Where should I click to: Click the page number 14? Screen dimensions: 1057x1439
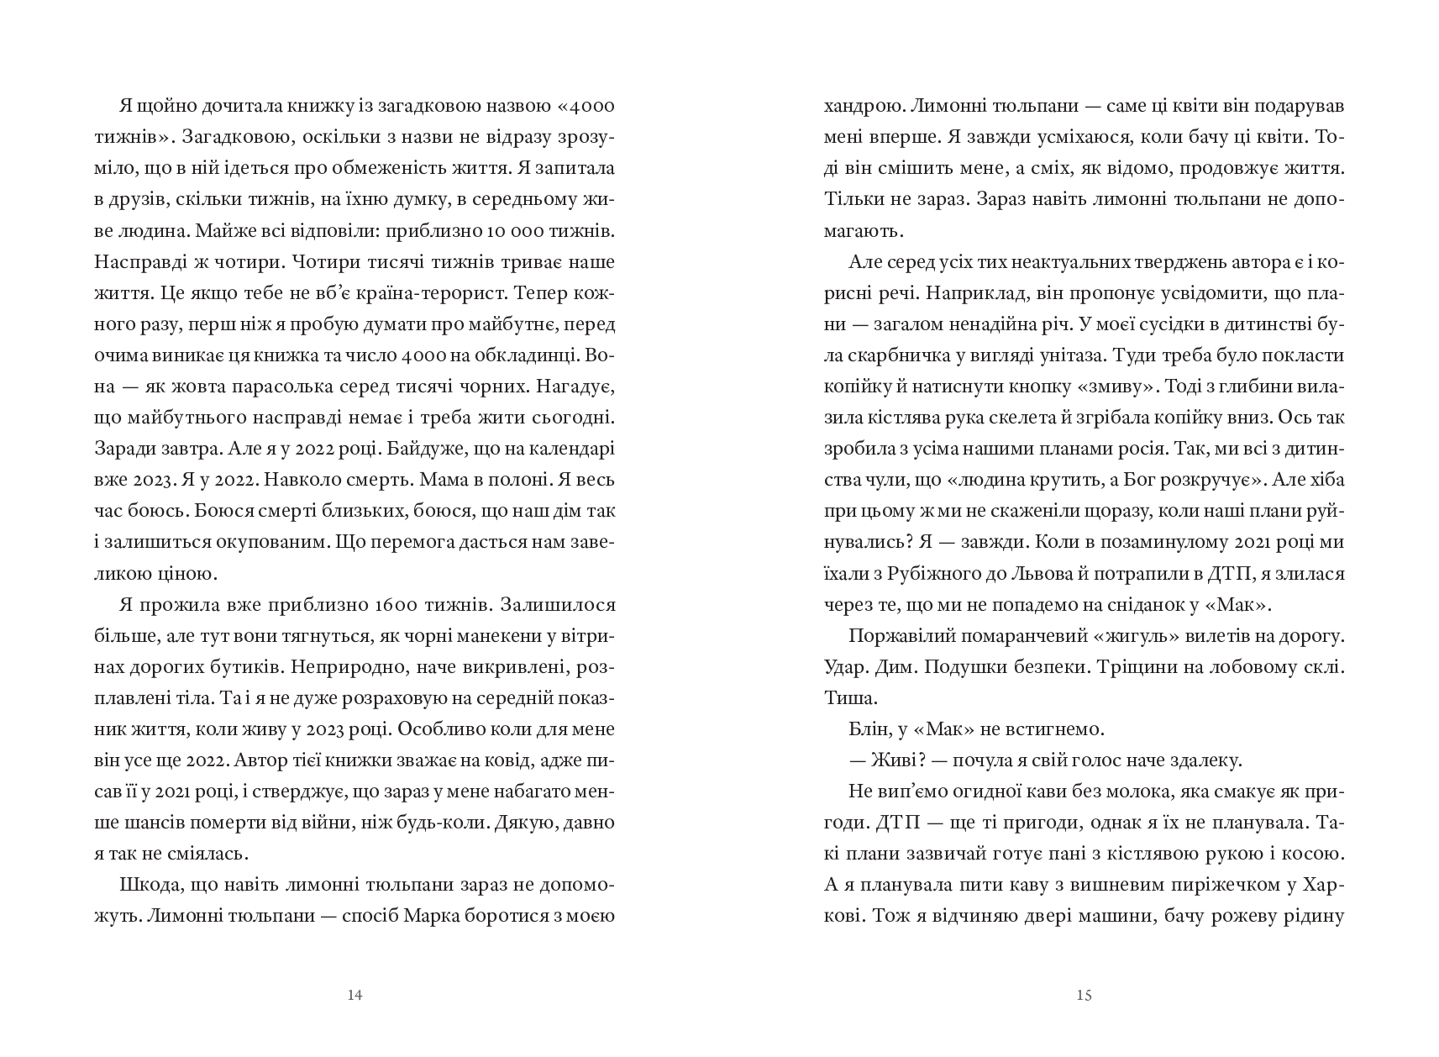pyautogui.click(x=354, y=996)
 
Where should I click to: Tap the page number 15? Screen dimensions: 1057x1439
pyautogui.click(x=1084, y=996)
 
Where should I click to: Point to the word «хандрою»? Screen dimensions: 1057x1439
pyautogui.click(x=858, y=107)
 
